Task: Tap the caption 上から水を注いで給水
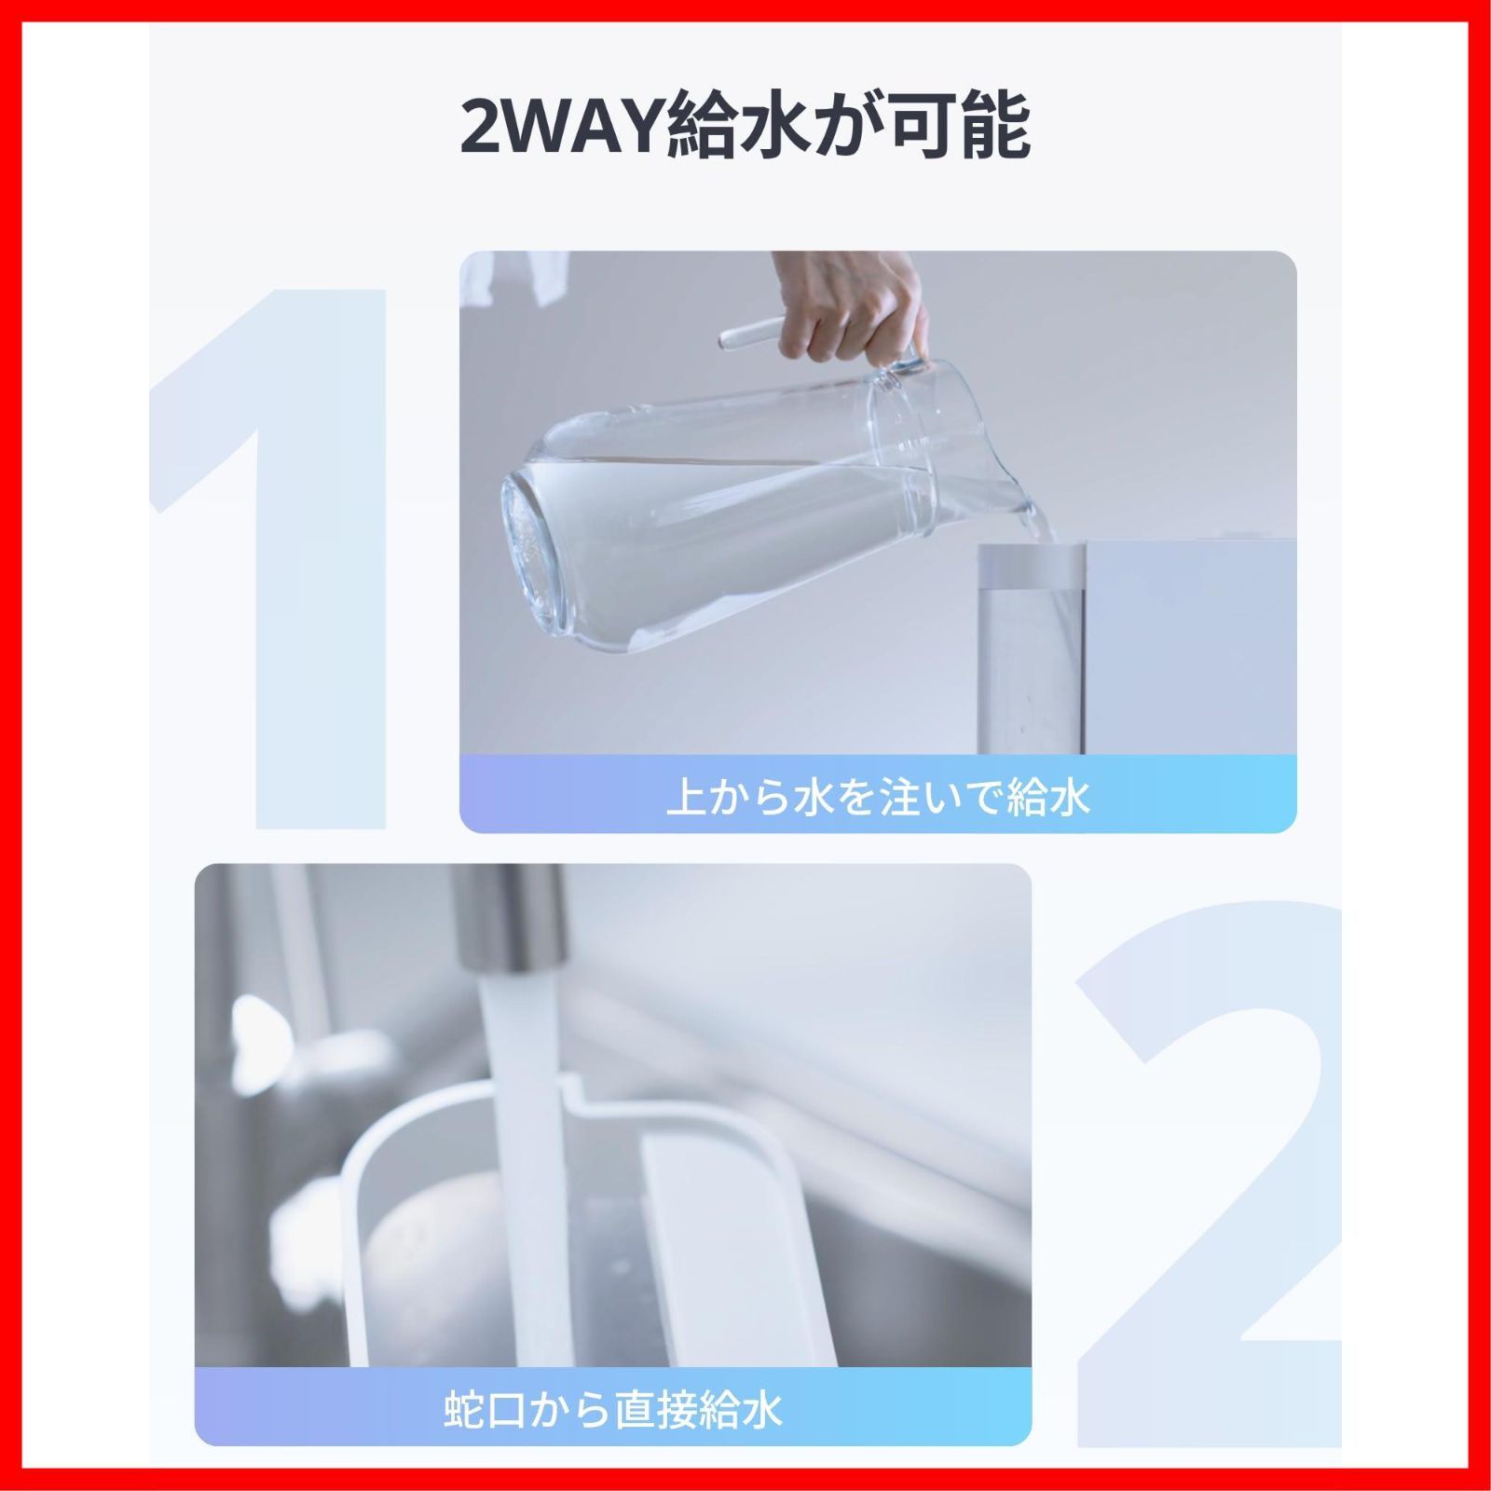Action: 878,799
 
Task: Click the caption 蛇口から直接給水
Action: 612,1410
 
